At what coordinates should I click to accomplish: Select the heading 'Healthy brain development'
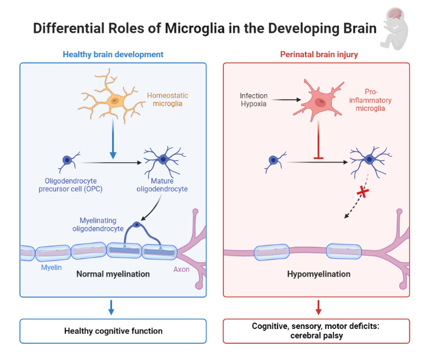[x=113, y=54]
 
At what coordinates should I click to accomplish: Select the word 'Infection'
[x=254, y=95]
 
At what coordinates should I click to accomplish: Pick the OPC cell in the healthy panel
[x=68, y=160]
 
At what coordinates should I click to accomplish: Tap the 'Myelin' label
[x=51, y=268]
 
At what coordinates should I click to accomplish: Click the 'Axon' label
[x=181, y=269]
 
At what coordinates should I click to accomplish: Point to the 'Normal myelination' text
[x=113, y=274]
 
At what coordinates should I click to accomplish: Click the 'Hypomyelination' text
[x=318, y=274]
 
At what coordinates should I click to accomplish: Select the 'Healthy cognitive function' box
[x=113, y=331]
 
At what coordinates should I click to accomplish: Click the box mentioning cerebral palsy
[x=316, y=331]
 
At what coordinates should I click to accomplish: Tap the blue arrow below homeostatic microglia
[x=113, y=140]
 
